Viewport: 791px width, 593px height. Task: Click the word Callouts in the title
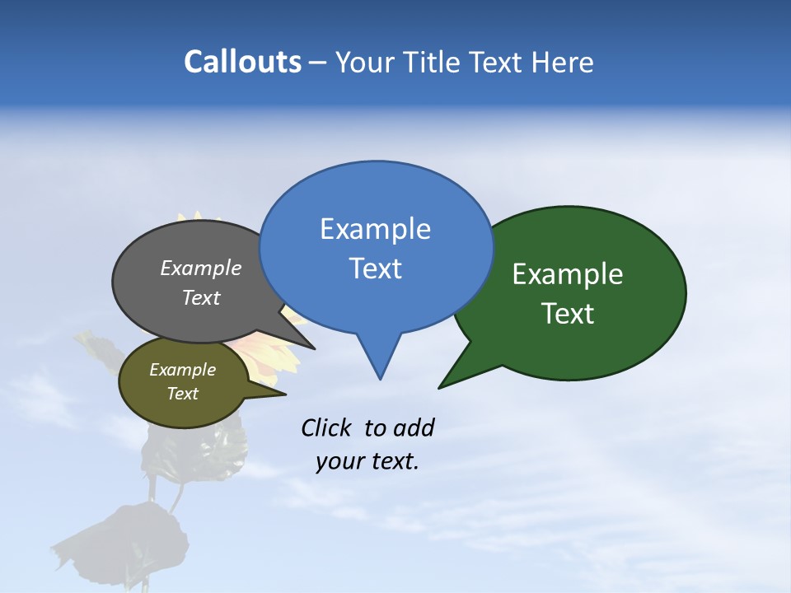point(242,62)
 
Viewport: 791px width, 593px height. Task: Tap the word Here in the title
point(562,62)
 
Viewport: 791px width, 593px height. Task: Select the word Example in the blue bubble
point(375,229)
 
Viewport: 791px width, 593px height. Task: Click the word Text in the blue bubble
point(375,268)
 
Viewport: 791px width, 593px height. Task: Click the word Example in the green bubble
point(568,274)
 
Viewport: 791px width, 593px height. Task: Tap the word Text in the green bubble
point(568,314)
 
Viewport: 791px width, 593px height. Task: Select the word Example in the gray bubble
point(200,268)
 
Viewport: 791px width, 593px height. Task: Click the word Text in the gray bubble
point(200,297)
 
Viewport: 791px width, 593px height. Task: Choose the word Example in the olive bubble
point(182,370)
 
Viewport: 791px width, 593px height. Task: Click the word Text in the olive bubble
point(182,394)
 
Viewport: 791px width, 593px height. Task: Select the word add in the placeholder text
point(413,427)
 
